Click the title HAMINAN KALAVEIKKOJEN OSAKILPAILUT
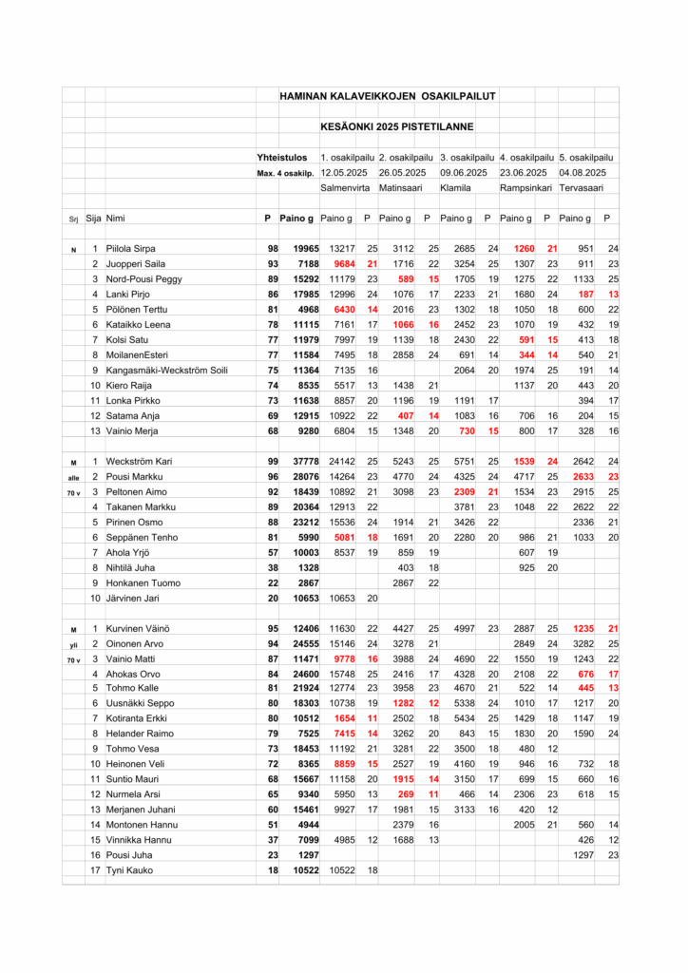tap(388, 96)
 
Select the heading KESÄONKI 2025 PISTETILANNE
tap(396, 126)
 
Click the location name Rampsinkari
tap(526, 188)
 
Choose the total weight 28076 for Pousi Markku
tap(298, 476)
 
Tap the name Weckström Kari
tap(137, 461)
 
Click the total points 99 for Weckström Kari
tap(272, 461)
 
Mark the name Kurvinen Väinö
tap(135, 628)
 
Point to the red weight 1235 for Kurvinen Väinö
tap(579, 628)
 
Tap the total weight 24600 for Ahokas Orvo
tap(298, 674)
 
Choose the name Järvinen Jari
tap(132, 598)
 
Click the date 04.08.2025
tap(583, 173)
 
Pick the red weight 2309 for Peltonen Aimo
tap(460, 491)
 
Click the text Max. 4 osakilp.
tap(286, 173)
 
